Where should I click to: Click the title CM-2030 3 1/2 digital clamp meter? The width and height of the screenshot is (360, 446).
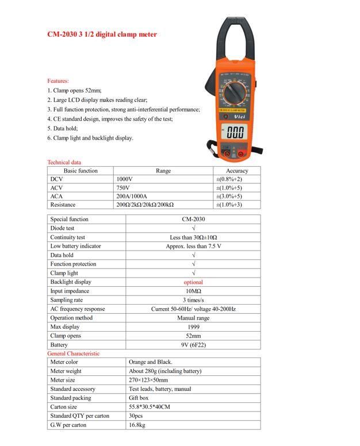point(102,34)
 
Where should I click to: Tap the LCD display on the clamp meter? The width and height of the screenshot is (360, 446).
point(235,132)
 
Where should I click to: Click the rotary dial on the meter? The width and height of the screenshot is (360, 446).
point(235,92)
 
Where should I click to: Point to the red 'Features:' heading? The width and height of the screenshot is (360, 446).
point(58,81)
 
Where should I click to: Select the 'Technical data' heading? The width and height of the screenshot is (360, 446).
point(64,162)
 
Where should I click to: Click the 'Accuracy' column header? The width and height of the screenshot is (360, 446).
point(237,171)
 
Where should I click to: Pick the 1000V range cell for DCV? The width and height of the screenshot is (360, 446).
point(123,179)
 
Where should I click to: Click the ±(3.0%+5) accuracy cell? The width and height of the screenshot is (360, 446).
point(229,196)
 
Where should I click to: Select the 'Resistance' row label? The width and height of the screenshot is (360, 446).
point(63,205)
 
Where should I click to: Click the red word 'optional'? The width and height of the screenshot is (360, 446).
point(193,282)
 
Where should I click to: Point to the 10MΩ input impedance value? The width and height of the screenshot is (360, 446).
point(193,291)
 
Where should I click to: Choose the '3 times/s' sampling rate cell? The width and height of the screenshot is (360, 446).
point(193,300)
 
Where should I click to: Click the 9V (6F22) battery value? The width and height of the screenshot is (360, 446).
point(193,345)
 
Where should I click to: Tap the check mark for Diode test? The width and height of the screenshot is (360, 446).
point(194,228)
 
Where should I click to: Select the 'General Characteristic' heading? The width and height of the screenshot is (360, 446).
point(73,353)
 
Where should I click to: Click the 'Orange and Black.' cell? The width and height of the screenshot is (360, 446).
point(151,362)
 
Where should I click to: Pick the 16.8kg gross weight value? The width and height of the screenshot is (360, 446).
point(137,425)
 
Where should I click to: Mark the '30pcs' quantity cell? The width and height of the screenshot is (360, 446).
point(136,416)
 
